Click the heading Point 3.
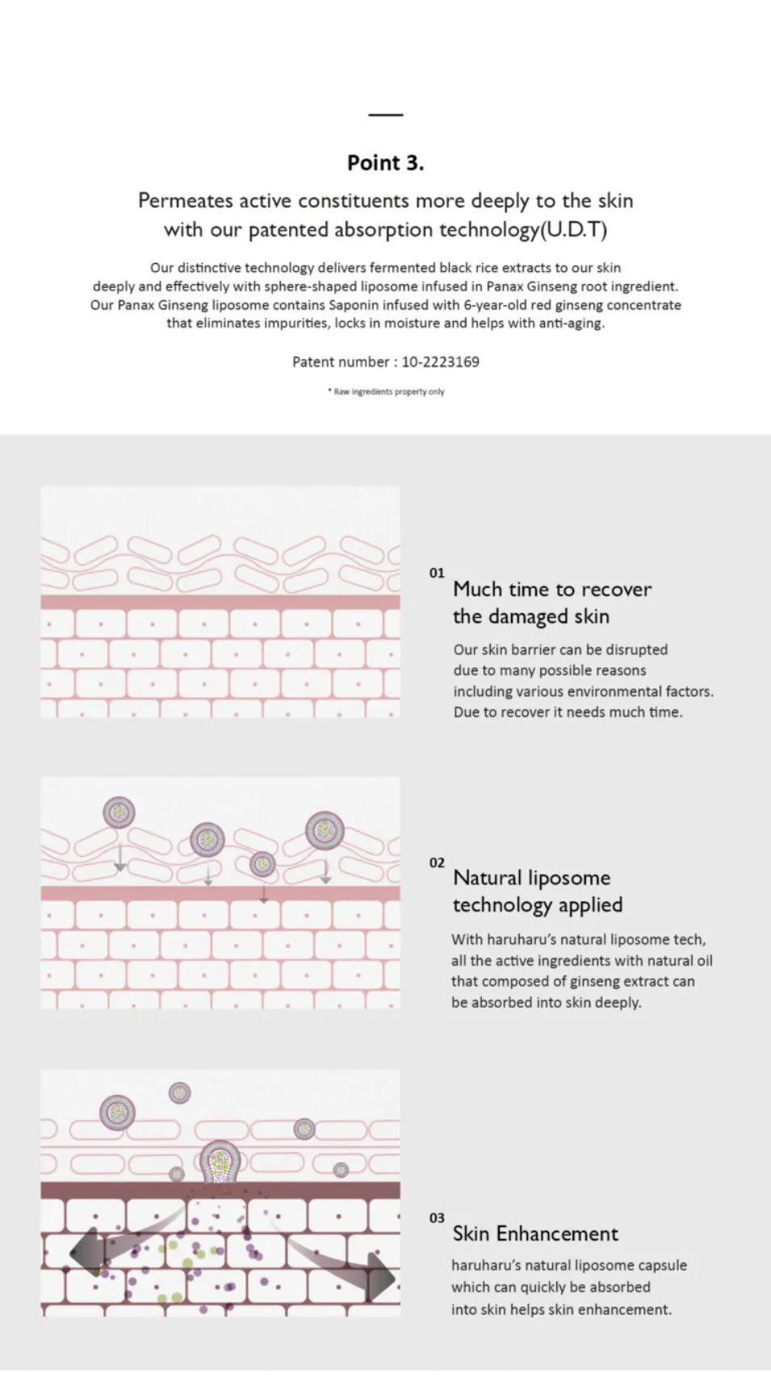(385, 163)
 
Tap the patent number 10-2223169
(441, 362)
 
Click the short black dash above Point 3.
(385, 114)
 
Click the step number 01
(437, 573)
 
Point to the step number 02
(437, 863)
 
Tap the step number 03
(437, 1218)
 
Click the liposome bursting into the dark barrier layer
(220, 1161)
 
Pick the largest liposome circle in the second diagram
(325, 830)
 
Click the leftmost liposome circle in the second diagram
(119, 812)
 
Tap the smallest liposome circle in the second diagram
(262, 864)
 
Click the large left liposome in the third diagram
(117, 1112)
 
